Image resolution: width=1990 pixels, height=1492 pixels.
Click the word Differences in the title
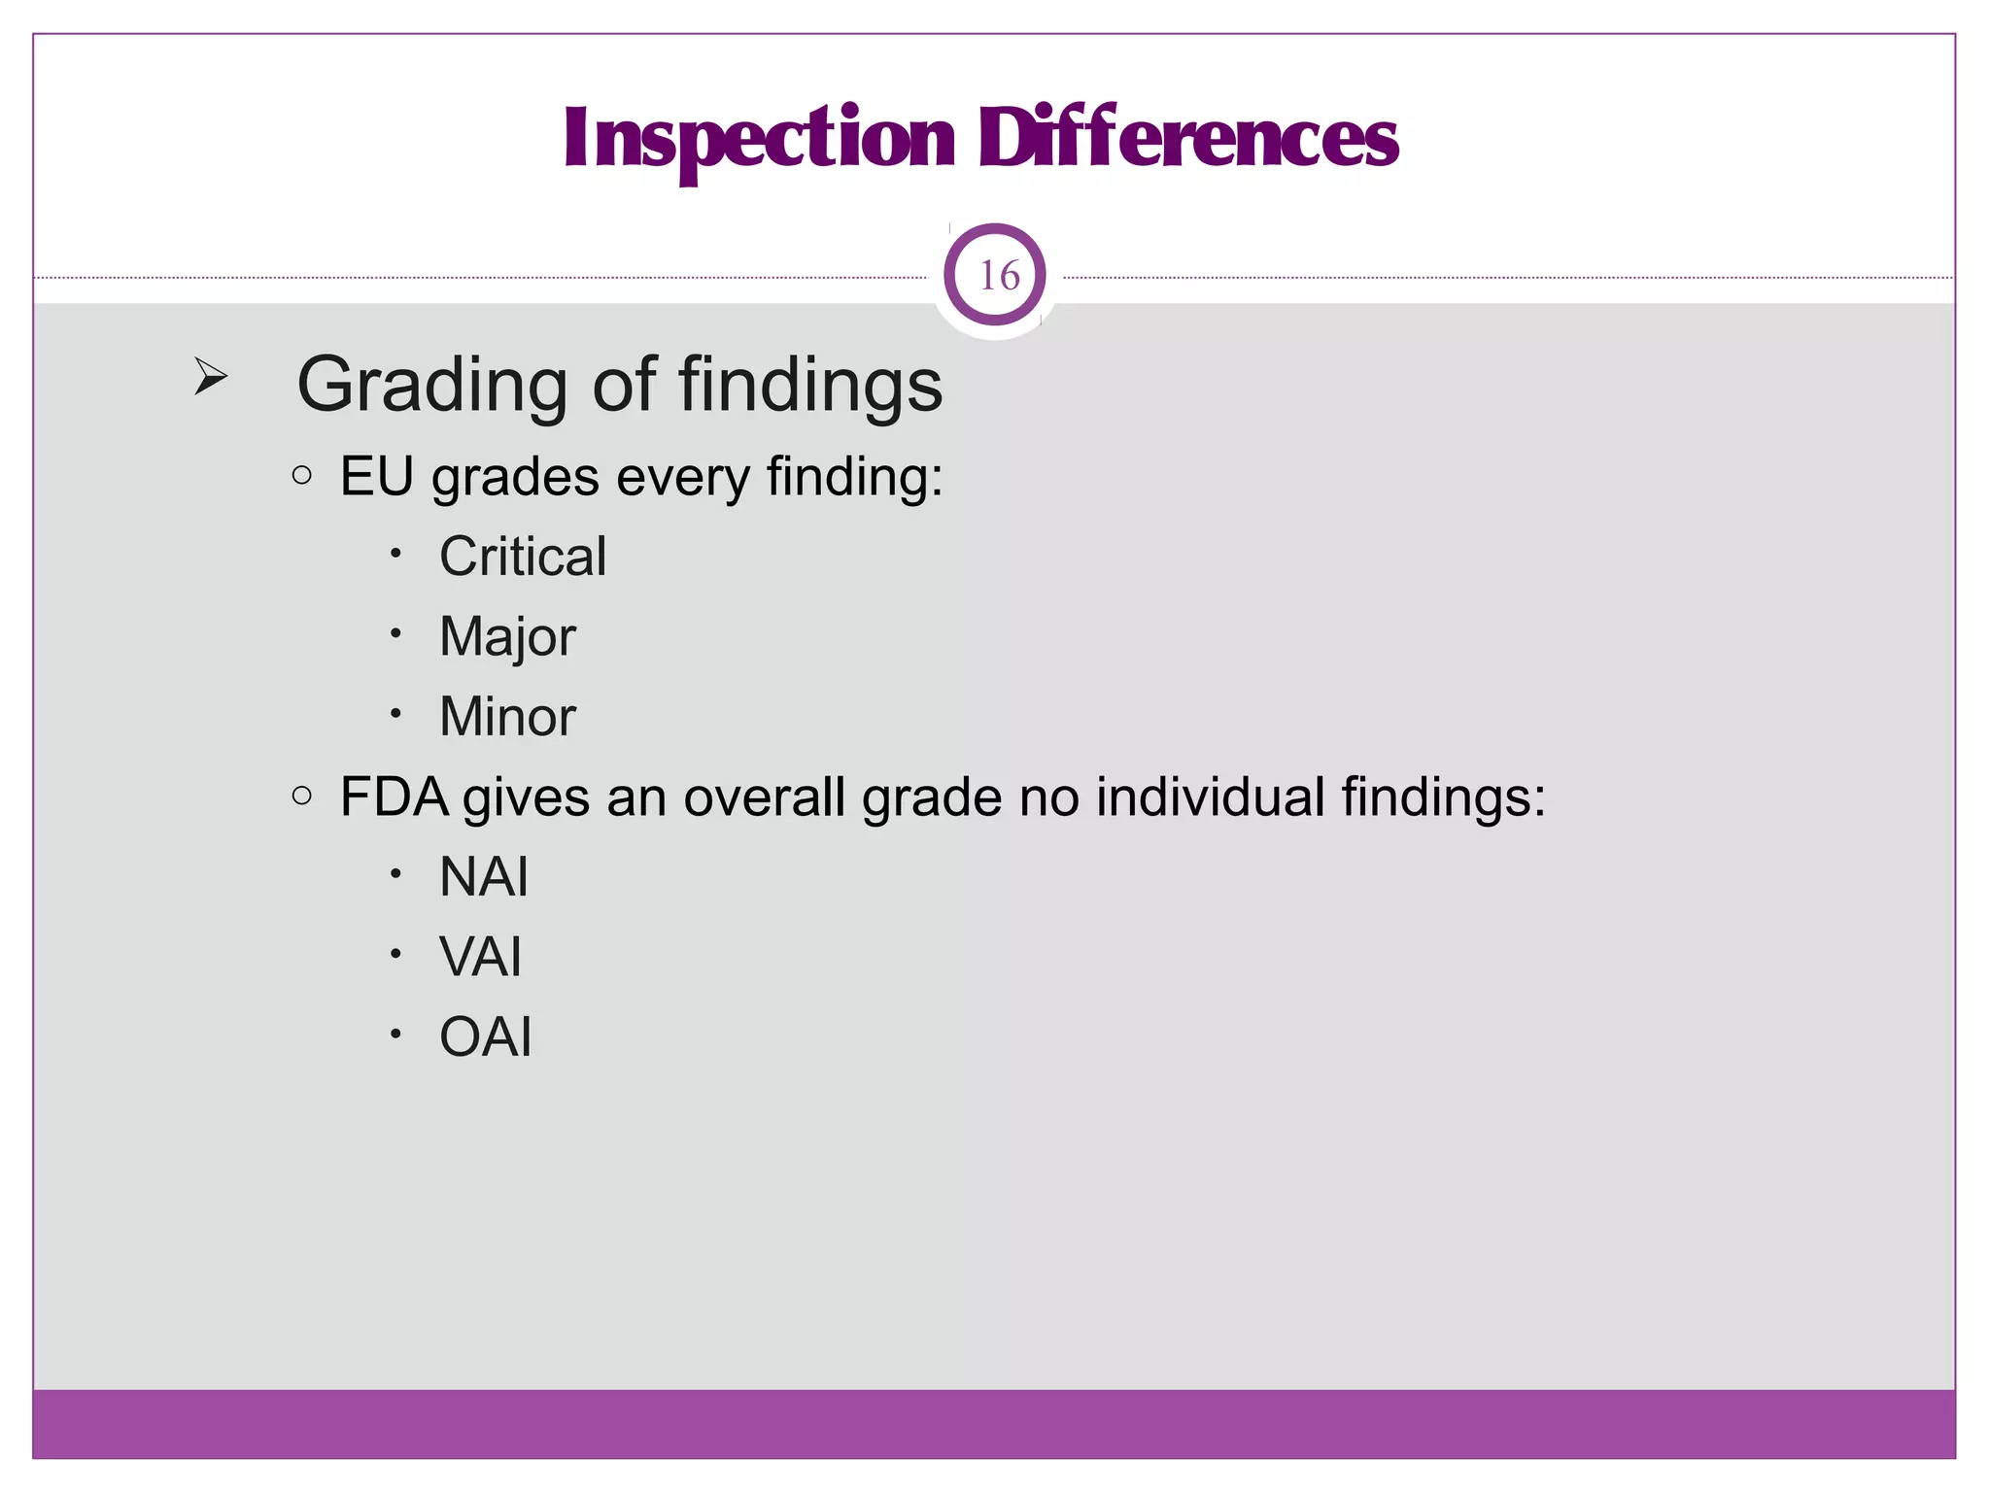coord(1187,139)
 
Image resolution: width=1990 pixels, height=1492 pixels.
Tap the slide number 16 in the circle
coord(998,276)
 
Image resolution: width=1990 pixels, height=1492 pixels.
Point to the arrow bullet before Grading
coord(210,376)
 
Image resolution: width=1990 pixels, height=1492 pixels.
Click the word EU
coord(376,477)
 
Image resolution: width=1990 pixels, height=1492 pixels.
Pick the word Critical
coord(523,557)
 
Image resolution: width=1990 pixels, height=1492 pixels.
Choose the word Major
coord(507,638)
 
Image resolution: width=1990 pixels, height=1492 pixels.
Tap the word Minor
coord(507,717)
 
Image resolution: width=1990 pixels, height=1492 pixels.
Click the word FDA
coord(394,797)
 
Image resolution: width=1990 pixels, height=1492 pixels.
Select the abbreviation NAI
coord(484,877)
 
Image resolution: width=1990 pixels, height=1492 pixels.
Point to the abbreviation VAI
coord(481,957)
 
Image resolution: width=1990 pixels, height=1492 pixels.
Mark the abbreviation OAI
coord(486,1036)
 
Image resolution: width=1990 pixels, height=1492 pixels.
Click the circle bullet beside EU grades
coord(302,475)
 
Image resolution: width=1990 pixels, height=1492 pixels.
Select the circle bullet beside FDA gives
coord(302,796)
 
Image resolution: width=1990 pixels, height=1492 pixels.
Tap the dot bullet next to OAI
coord(395,1034)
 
